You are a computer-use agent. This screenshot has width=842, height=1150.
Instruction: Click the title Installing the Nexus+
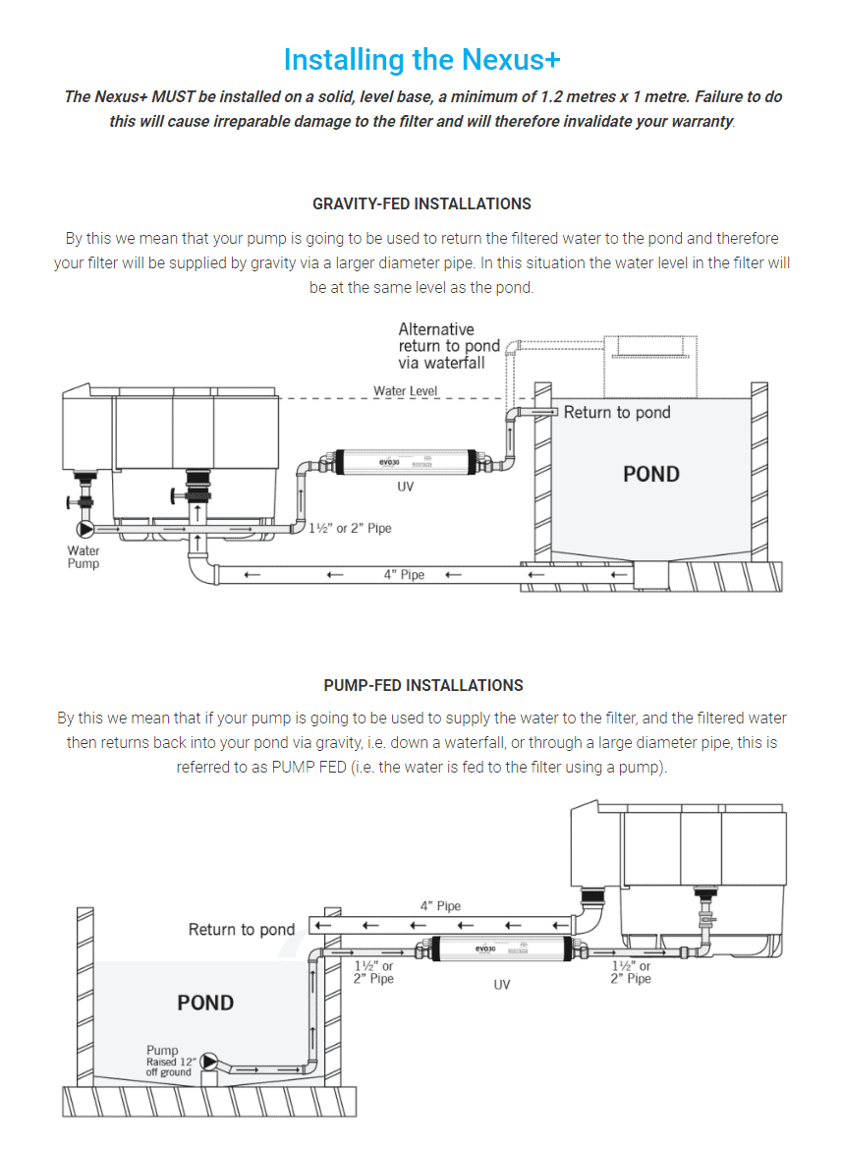point(421,60)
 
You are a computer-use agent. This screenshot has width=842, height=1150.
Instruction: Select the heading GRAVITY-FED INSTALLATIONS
point(421,203)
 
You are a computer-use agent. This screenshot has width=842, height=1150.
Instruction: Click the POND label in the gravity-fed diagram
point(651,474)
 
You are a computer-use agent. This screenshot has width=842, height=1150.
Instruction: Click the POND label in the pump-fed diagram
point(205,1003)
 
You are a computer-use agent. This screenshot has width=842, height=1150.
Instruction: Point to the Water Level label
point(405,391)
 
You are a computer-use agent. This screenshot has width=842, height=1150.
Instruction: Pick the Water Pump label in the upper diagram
point(84,557)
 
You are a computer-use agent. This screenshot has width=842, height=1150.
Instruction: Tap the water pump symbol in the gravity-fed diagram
point(74,529)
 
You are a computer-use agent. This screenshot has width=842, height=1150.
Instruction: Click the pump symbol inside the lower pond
point(209,1063)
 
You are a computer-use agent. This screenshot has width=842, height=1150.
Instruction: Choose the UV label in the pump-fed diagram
point(502,984)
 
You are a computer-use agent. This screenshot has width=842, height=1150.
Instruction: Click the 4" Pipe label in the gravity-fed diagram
point(404,574)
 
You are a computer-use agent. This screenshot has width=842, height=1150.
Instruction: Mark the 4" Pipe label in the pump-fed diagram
point(440,906)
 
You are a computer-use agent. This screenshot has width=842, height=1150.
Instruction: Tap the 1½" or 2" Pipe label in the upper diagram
point(351,528)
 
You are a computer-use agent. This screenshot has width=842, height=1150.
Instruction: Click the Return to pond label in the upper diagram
point(616,413)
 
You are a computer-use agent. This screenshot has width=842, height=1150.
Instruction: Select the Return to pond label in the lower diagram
point(242,929)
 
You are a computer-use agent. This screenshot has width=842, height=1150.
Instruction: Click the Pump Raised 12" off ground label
point(170,1062)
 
